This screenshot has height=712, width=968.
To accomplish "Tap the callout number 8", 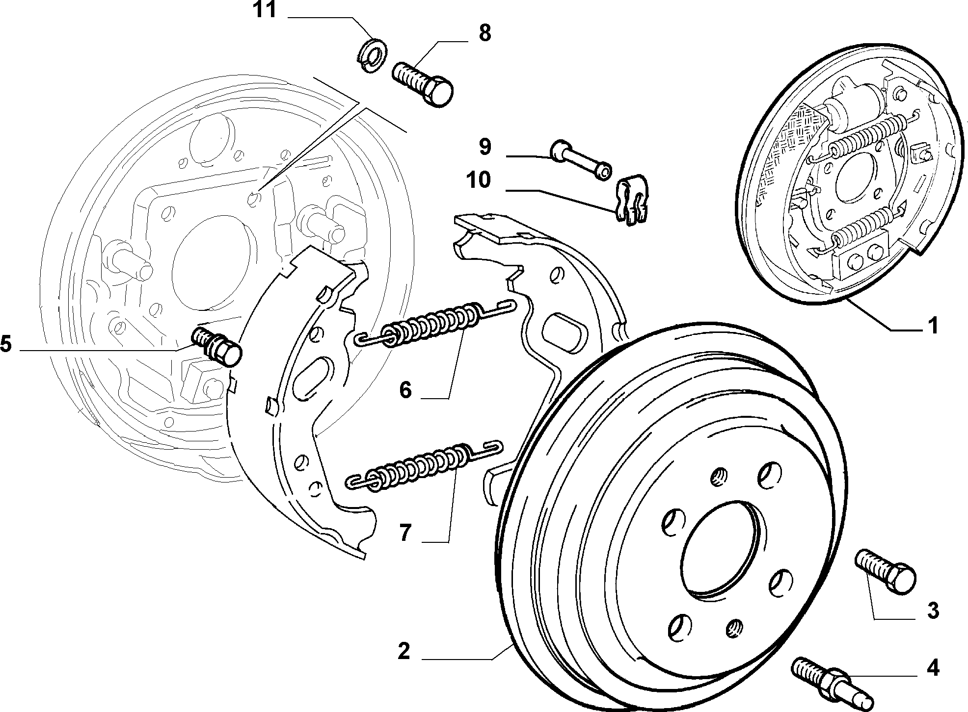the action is click(x=484, y=33).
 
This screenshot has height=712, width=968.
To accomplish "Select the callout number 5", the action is click(x=5, y=344).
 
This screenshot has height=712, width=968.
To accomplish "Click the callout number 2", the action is click(x=403, y=651).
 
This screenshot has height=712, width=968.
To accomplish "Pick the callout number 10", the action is click(x=479, y=180).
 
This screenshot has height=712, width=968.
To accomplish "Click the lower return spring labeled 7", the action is click(x=425, y=465).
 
